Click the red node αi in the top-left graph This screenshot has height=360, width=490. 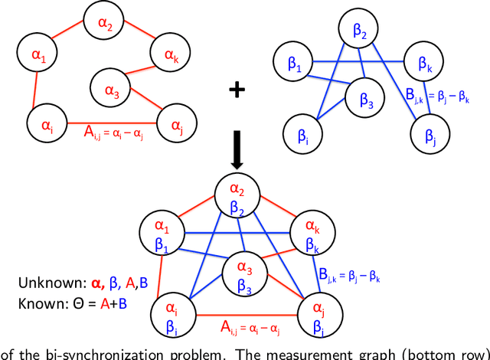coord(45,121)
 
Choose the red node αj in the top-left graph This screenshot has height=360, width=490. coord(176,123)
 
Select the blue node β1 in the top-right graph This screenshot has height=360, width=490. coord(293,64)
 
